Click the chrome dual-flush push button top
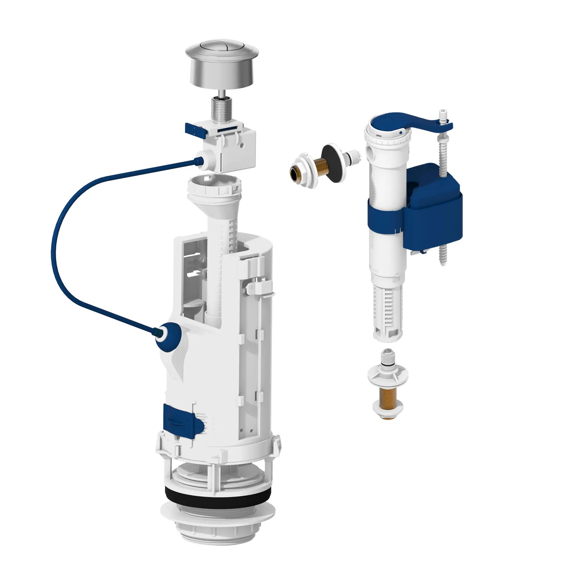pos(210,51)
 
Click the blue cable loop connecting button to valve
pos(60,240)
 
